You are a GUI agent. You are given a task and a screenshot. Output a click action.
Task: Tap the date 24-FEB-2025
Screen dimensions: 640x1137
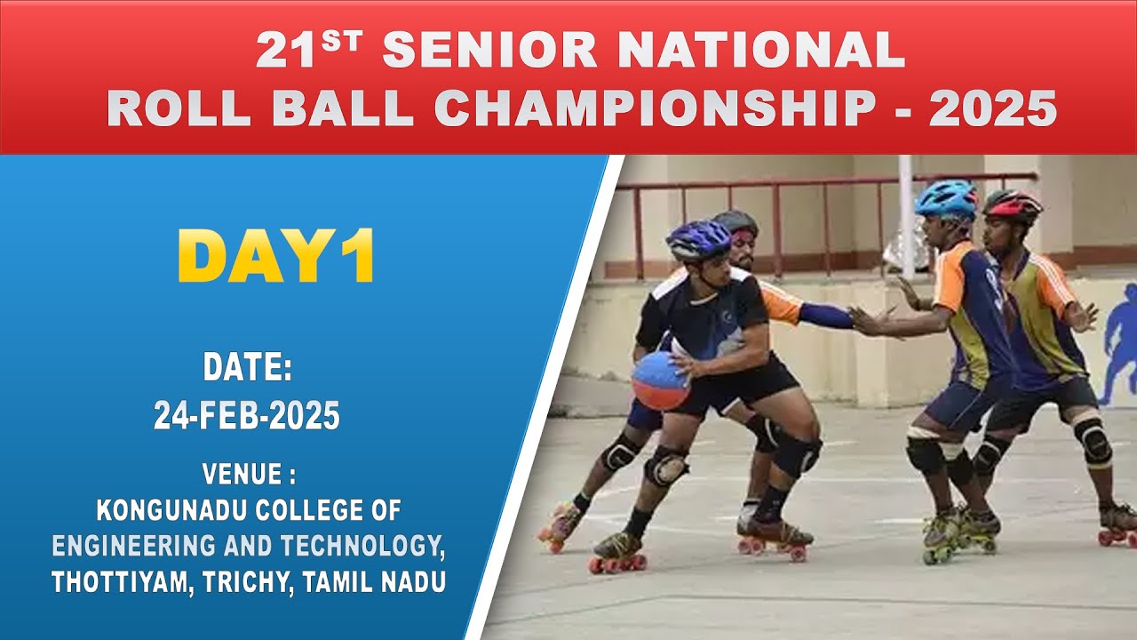(247, 416)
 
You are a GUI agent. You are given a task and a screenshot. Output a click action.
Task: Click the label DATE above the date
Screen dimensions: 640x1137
(248, 367)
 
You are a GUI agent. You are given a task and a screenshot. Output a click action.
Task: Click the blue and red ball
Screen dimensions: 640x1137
(660, 380)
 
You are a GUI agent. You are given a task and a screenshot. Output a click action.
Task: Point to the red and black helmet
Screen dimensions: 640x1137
(1013, 205)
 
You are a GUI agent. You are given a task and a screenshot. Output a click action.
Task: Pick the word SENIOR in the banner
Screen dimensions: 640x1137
(491, 52)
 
